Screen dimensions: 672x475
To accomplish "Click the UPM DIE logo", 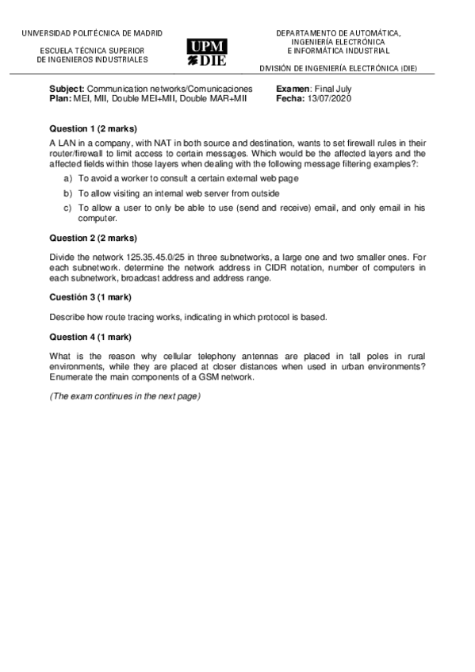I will coord(206,52).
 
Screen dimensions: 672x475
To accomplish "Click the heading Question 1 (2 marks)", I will coord(93,128).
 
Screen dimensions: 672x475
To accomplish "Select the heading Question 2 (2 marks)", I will coord(93,238).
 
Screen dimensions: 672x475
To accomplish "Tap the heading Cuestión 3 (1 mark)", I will coord(90,297).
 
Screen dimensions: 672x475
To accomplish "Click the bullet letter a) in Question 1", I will coord(67,179).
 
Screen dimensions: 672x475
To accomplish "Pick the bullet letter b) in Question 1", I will coord(67,193).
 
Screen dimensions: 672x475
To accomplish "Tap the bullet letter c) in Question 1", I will coord(67,207).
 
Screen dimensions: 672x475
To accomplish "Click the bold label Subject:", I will coord(67,89).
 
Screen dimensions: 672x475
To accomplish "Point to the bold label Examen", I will coord(293,89).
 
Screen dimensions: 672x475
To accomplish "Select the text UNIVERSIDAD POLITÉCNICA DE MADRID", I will coord(92,33).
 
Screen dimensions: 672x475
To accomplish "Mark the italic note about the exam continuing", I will coord(125,396).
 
